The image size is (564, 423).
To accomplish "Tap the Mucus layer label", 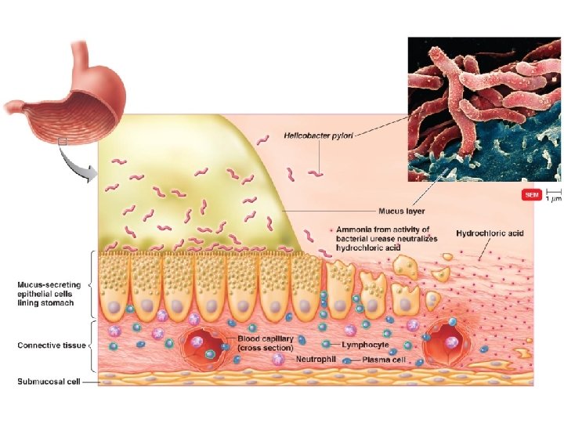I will click(401, 211).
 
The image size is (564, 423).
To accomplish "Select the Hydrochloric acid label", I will click(490, 233).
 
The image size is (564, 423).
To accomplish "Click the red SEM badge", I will click(531, 194).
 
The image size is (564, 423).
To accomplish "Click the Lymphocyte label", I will click(365, 345).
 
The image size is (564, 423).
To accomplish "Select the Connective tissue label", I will click(52, 345).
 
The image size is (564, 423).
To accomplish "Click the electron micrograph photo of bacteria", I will click(483, 109).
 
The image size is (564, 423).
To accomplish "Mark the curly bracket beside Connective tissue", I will click(94, 345).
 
